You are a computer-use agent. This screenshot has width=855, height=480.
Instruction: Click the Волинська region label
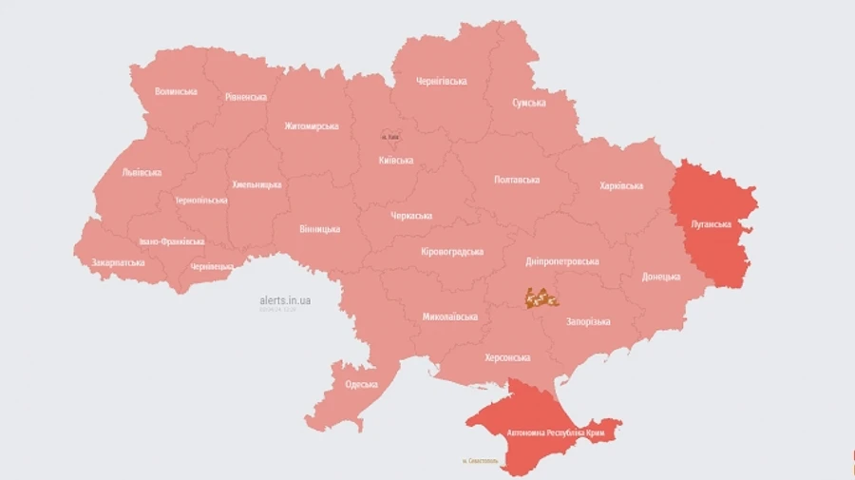click(176, 91)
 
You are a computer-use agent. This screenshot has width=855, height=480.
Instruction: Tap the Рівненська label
click(246, 97)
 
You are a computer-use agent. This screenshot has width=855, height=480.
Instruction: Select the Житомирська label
click(311, 125)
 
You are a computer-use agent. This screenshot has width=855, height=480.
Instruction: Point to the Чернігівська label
click(441, 81)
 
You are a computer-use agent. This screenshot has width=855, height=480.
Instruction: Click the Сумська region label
click(528, 103)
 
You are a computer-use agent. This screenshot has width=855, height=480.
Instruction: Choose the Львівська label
click(142, 172)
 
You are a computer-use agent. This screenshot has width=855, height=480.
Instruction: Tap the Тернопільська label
click(201, 201)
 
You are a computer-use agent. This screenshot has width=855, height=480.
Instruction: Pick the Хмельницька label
click(256, 184)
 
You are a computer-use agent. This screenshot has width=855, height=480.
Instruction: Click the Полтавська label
click(517, 180)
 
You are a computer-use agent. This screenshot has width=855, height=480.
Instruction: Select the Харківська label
click(621, 186)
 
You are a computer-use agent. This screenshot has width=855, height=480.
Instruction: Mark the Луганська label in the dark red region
click(710, 224)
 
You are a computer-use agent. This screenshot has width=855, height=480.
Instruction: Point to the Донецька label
click(660, 277)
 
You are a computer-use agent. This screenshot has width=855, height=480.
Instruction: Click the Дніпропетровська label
click(562, 260)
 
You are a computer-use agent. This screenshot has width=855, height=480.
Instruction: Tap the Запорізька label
click(588, 323)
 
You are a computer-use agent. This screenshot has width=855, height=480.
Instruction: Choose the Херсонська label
click(507, 357)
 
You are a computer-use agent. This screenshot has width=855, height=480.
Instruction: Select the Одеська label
click(361, 384)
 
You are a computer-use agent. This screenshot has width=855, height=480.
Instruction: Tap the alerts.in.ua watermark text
click(285, 300)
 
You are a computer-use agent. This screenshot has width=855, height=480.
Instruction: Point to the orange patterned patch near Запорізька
click(541, 298)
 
